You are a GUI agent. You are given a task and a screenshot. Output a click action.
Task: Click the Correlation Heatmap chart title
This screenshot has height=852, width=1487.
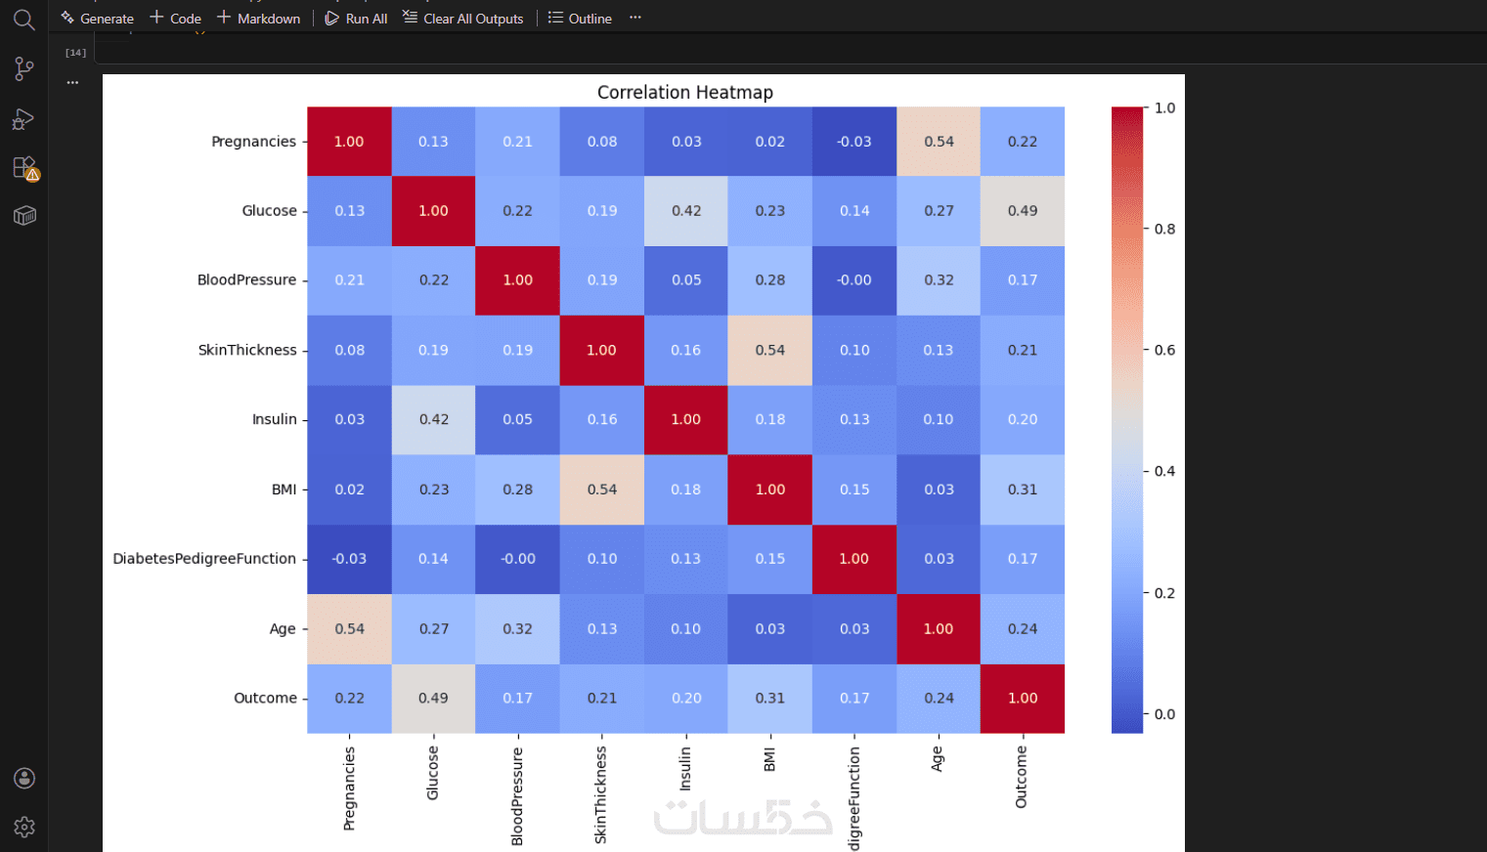pos(684,93)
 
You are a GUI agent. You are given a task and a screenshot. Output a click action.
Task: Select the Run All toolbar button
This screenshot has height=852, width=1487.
pos(356,19)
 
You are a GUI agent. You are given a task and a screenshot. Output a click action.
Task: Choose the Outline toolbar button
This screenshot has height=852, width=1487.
pos(580,19)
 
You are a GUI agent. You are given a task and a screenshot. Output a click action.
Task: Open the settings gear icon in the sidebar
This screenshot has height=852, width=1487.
pos(24,827)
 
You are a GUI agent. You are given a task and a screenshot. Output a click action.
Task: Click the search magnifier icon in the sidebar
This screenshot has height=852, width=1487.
pos(24,20)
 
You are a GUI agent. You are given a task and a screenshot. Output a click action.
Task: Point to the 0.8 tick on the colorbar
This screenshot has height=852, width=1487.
pos(1164,229)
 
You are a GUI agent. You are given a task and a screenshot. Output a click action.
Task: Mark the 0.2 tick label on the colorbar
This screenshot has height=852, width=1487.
pos(1164,593)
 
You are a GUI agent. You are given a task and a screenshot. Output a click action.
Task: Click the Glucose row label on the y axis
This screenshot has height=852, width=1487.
pos(269,211)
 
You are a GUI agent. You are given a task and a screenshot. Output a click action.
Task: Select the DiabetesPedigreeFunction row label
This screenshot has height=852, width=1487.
pos(204,559)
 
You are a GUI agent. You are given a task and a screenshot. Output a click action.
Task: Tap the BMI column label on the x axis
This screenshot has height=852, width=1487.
pos(769,760)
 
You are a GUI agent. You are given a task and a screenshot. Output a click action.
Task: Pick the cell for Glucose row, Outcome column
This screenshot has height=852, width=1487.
pos(1023,211)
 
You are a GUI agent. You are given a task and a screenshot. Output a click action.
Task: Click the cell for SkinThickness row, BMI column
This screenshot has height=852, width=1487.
pos(769,350)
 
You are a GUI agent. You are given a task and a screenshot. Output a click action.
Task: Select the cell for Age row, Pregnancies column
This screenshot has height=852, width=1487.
pos(349,629)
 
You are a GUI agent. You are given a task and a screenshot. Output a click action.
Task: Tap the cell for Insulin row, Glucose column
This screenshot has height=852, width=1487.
pos(433,419)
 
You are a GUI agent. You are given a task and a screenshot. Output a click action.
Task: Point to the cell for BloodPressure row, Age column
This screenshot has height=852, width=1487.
pos(939,280)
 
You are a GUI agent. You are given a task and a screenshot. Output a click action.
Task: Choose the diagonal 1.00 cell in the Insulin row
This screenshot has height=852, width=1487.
pos(685,419)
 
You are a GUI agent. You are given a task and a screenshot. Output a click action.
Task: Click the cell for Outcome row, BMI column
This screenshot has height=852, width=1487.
pos(769,699)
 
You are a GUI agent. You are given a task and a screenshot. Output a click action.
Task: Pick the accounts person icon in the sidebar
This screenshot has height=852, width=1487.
pos(24,778)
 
